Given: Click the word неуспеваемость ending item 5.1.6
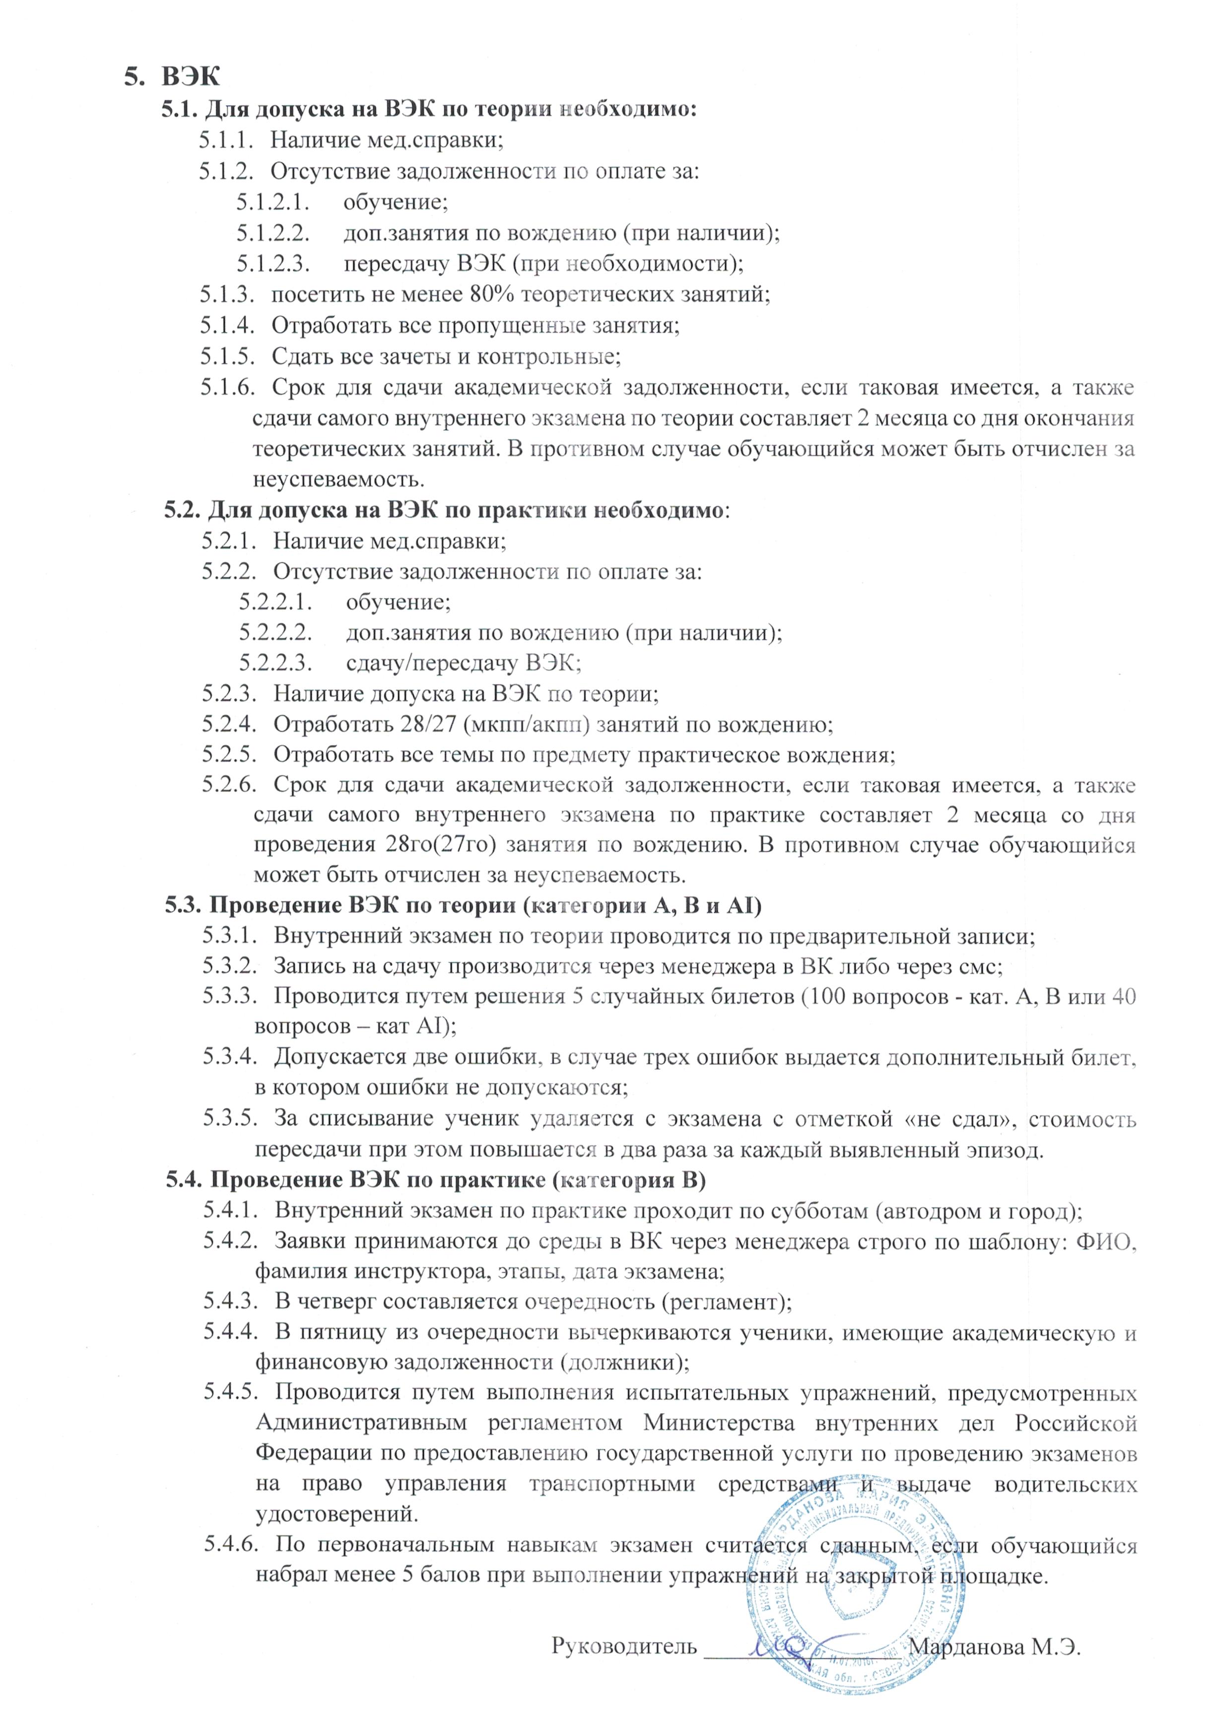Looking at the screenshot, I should click(x=338, y=479).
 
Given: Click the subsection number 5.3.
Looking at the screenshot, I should click(x=183, y=905).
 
